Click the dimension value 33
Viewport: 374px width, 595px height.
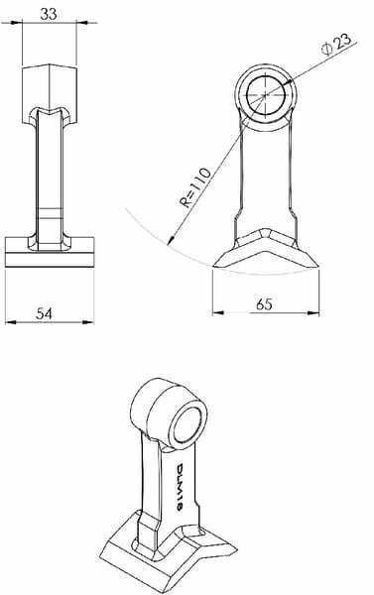pyautogui.click(x=49, y=14)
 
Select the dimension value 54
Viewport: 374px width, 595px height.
pyautogui.click(x=45, y=313)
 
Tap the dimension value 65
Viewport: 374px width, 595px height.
pyautogui.click(x=264, y=304)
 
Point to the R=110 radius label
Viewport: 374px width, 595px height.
pyautogui.click(x=194, y=187)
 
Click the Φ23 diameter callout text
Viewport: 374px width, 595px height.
pyautogui.click(x=335, y=44)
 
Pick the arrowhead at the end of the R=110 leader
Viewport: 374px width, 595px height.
pyautogui.click(x=172, y=240)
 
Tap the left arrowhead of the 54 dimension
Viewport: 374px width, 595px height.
pyautogui.click(x=10, y=322)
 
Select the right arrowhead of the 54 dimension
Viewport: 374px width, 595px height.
pyautogui.click(x=89, y=322)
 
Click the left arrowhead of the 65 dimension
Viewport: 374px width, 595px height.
pyautogui.click(x=217, y=312)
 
